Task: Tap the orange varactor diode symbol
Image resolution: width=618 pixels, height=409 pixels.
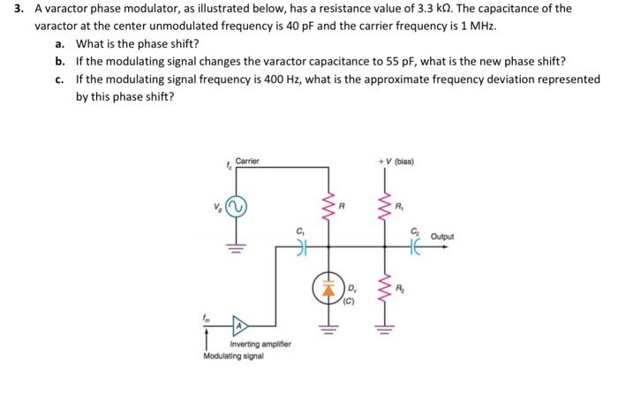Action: [328, 288]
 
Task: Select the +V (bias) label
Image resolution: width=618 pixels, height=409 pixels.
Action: [396, 162]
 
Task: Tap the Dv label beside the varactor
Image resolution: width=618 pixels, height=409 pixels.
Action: [352, 289]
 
